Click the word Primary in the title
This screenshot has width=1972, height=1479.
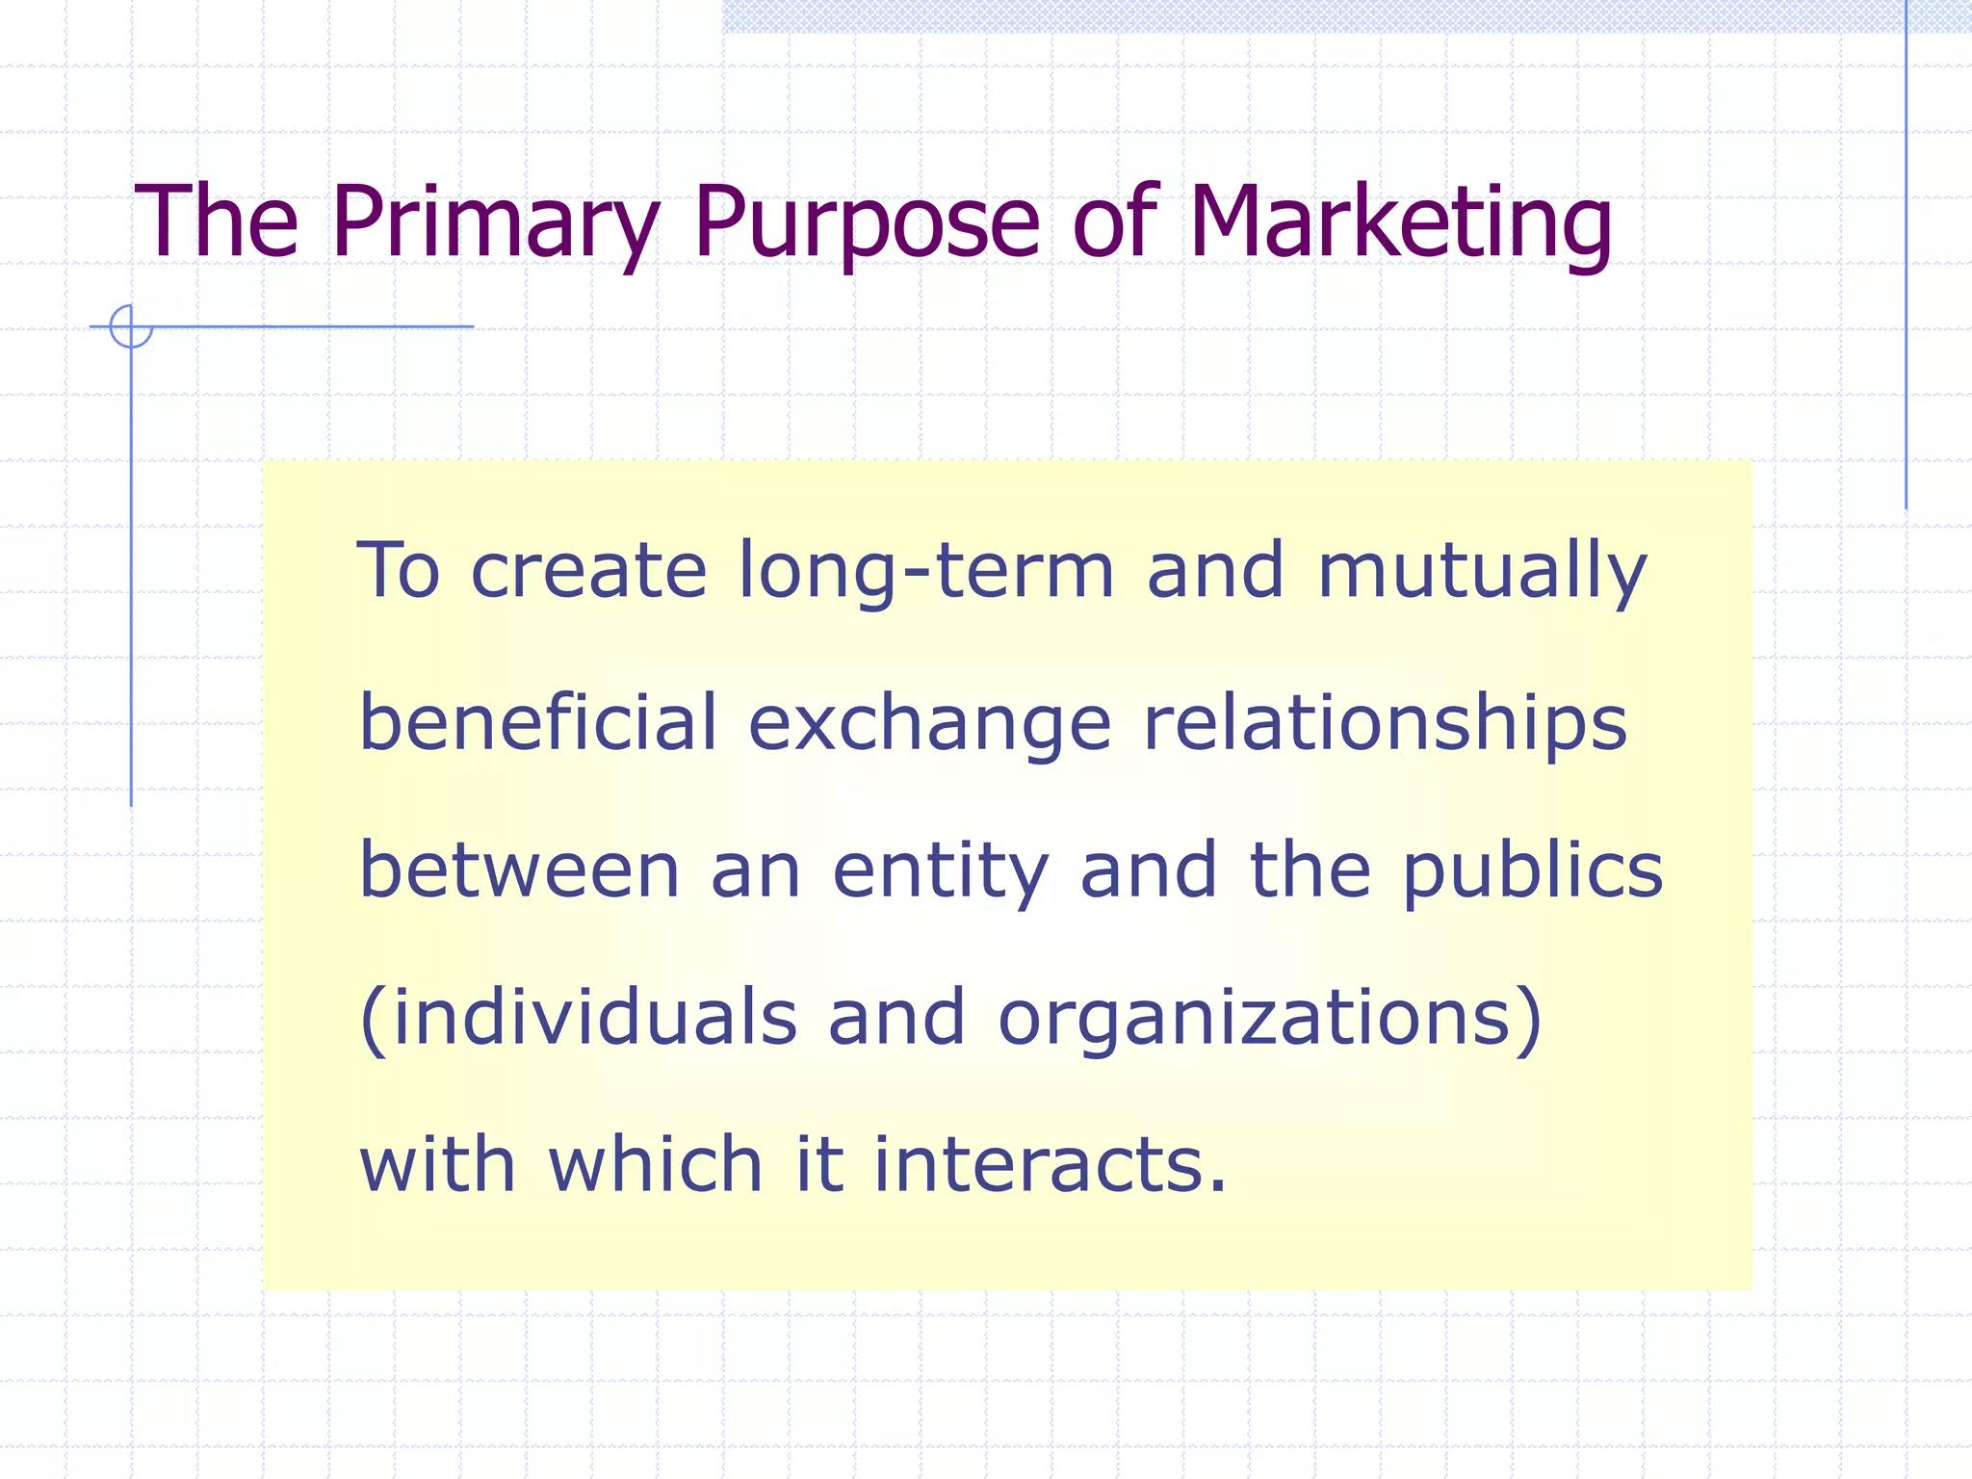(x=496, y=223)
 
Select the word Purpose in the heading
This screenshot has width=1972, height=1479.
(x=866, y=223)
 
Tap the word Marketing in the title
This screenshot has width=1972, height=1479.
(x=1400, y=223)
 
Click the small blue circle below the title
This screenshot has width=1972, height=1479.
(x=131, y=326)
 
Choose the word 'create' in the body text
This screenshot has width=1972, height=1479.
(x=588, y=571)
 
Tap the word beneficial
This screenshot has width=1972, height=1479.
(x=538, y=722)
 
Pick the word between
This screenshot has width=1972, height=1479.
(x=520, y=870)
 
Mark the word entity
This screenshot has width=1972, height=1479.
(x=940, y=872)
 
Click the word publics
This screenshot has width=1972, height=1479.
(x=1532, y=872)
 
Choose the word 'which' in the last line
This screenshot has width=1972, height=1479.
(x=656, y=1165)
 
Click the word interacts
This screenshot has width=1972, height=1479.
(x=1040, y=1165)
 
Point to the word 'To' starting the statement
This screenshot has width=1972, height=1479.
(x=399, y=571)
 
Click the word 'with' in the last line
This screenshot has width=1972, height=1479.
(x=438, y=1165)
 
